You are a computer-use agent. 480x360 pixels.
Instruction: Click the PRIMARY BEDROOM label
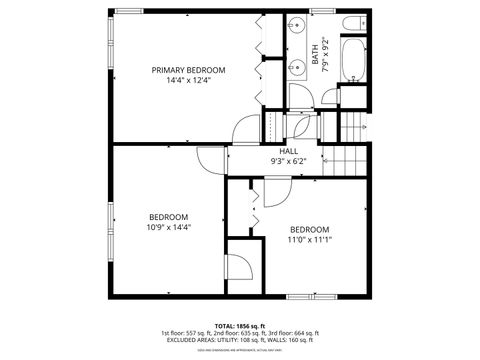pyautogui.click(x=188, y=70)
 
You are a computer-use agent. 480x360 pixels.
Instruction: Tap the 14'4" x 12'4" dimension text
pyautogui.click(x=188, y=81)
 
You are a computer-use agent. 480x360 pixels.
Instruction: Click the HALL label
pyautogui.click(x=288, y=151)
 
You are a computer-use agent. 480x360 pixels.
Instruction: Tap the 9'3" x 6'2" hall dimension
pyautogui.click(x=288, y=161)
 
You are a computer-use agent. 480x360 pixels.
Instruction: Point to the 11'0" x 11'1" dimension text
pyautogui.click(x=309, y=240)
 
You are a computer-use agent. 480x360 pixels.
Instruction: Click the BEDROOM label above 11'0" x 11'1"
pyautogui.click(x=309, y=229)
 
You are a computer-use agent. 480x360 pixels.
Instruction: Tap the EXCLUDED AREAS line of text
pyautogui.click(x=239, y=340)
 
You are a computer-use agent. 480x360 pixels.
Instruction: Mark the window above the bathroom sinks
pyautogui.click(x=321, y=11)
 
